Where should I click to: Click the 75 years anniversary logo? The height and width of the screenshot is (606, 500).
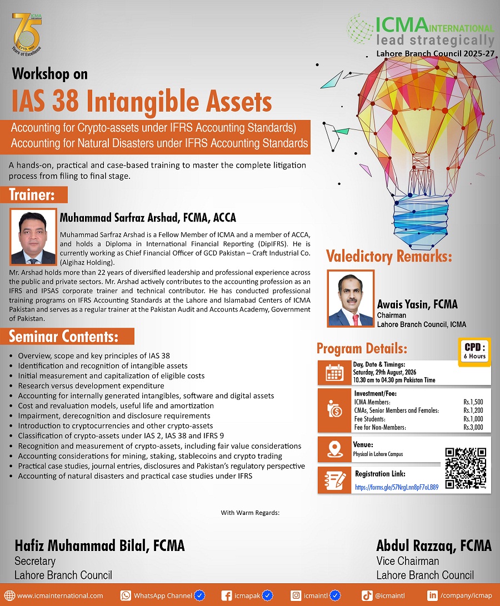click(27, 34)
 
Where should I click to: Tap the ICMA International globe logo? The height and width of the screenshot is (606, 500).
click(360, 28)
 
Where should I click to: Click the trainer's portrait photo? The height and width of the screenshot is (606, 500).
click(33, 237)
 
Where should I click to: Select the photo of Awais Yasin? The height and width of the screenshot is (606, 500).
click(351, 298)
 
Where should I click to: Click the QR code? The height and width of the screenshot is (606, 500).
click(466, 468)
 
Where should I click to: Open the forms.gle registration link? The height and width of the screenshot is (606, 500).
click(397, 487)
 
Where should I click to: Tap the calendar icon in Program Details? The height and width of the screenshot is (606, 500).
click(334, 373)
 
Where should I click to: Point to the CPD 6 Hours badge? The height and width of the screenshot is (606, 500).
click(474, 351)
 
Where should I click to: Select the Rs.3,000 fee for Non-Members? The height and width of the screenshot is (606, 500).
click(473, 428)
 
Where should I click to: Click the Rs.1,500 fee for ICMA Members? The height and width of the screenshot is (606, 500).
click(473, 402)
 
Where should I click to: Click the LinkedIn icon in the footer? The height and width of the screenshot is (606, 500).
click(432, 595)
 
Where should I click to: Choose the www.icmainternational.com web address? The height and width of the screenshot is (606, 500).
click(60, 595)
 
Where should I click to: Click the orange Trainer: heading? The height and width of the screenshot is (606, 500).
click(34, 195)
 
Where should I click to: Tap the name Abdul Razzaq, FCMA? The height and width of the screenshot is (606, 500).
click(434, 545)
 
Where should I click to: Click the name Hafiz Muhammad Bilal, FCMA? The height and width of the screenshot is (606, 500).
click(100, 545)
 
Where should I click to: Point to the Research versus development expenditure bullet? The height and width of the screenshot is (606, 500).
click(91, 385)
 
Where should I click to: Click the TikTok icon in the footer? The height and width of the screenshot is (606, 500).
click(367, 595)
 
